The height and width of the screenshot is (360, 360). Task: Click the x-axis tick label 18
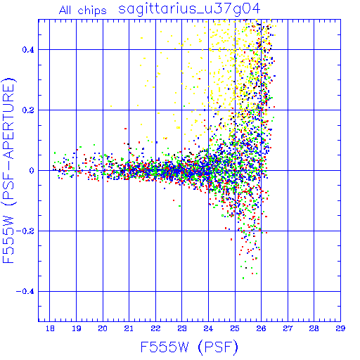[x=50, y=328]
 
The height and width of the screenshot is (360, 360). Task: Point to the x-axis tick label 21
[x=129, y=328]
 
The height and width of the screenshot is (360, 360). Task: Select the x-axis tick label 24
[x=208, y=328]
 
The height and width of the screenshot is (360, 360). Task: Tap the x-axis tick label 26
[x=261, y=328]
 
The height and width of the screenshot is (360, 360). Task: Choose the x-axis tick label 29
[x=340, y=328]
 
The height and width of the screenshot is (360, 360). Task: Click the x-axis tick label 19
[x=77, y=328]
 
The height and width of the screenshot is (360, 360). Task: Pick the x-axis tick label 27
[x=288, y=328]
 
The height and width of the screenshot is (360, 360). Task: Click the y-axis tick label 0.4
[x=28, y=50]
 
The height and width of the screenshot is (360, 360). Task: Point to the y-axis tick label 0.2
[x=28, y=110]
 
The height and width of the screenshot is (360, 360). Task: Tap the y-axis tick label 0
[x=32, y=171]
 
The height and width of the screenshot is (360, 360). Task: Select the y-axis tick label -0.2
[x=25, y=231]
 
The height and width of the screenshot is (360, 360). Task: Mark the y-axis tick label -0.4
[x=25, y=292]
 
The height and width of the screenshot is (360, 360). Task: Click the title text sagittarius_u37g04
[x=189, y=9]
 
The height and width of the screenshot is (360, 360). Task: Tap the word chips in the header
[x=92, y=11]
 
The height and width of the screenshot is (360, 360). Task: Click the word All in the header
[x=65, y=11]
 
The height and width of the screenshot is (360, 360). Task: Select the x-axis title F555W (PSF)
[x=189, y=347]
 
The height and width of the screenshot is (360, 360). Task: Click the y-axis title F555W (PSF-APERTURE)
[x=8, y=171]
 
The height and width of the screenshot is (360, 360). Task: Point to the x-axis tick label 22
[x=155, y=328]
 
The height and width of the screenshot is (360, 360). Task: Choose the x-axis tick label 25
[x=235, y=328]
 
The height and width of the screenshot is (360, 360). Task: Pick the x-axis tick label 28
[x=314, y=328]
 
